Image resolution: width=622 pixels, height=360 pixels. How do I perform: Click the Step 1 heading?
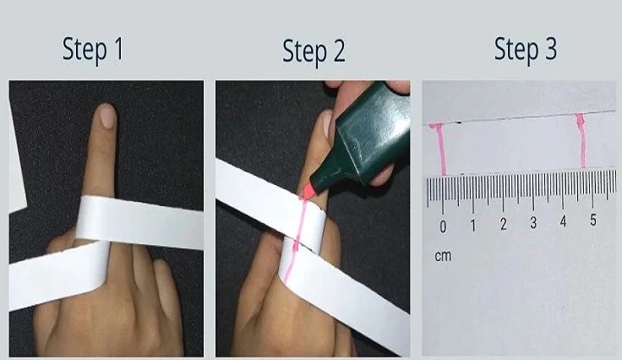[93, 50]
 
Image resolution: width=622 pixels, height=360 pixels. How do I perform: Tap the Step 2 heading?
[314, 52]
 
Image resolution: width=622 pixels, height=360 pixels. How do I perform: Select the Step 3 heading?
[525, 51]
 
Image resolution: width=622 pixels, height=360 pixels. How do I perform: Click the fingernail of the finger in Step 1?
[106, 116]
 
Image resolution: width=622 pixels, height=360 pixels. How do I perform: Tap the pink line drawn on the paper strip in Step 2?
[292, 254]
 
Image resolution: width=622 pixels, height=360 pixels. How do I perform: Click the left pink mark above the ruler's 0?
[441, 149]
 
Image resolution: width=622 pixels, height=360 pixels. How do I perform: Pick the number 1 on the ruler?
[473, 226]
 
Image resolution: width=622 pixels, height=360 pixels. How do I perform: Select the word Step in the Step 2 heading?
[302, 53]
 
